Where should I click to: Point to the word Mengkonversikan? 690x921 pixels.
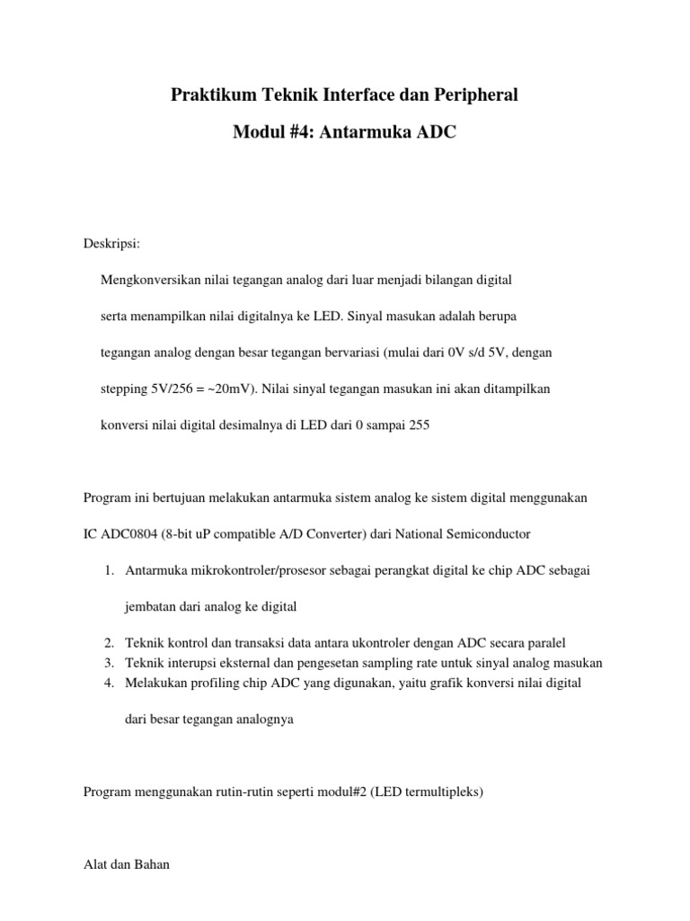[150, 281]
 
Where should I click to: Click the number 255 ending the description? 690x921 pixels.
[420, 425]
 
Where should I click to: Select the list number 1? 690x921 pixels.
[107, 570]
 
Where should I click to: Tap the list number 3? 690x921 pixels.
[107, 663]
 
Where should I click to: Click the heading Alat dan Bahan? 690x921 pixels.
[126, 865]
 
